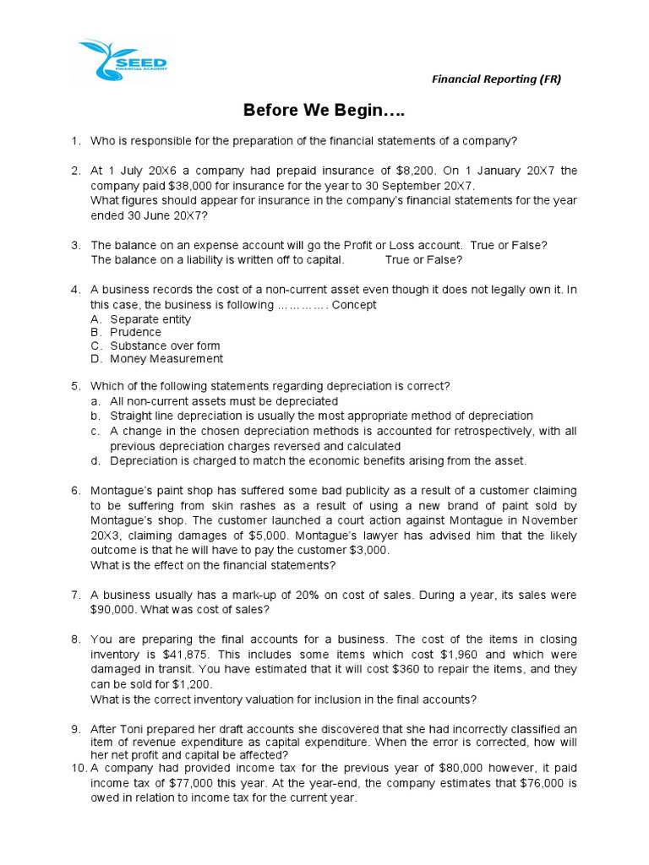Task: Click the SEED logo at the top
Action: [x=124, y=60]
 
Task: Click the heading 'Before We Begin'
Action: [x=324, y=111]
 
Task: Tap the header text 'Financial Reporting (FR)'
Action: [x=496, y=79]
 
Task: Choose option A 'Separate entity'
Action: [x=150, y=319]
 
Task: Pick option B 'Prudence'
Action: [x=135, y=332]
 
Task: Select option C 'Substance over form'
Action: [x=165, y=345]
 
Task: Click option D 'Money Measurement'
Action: [x=166, y=358]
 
